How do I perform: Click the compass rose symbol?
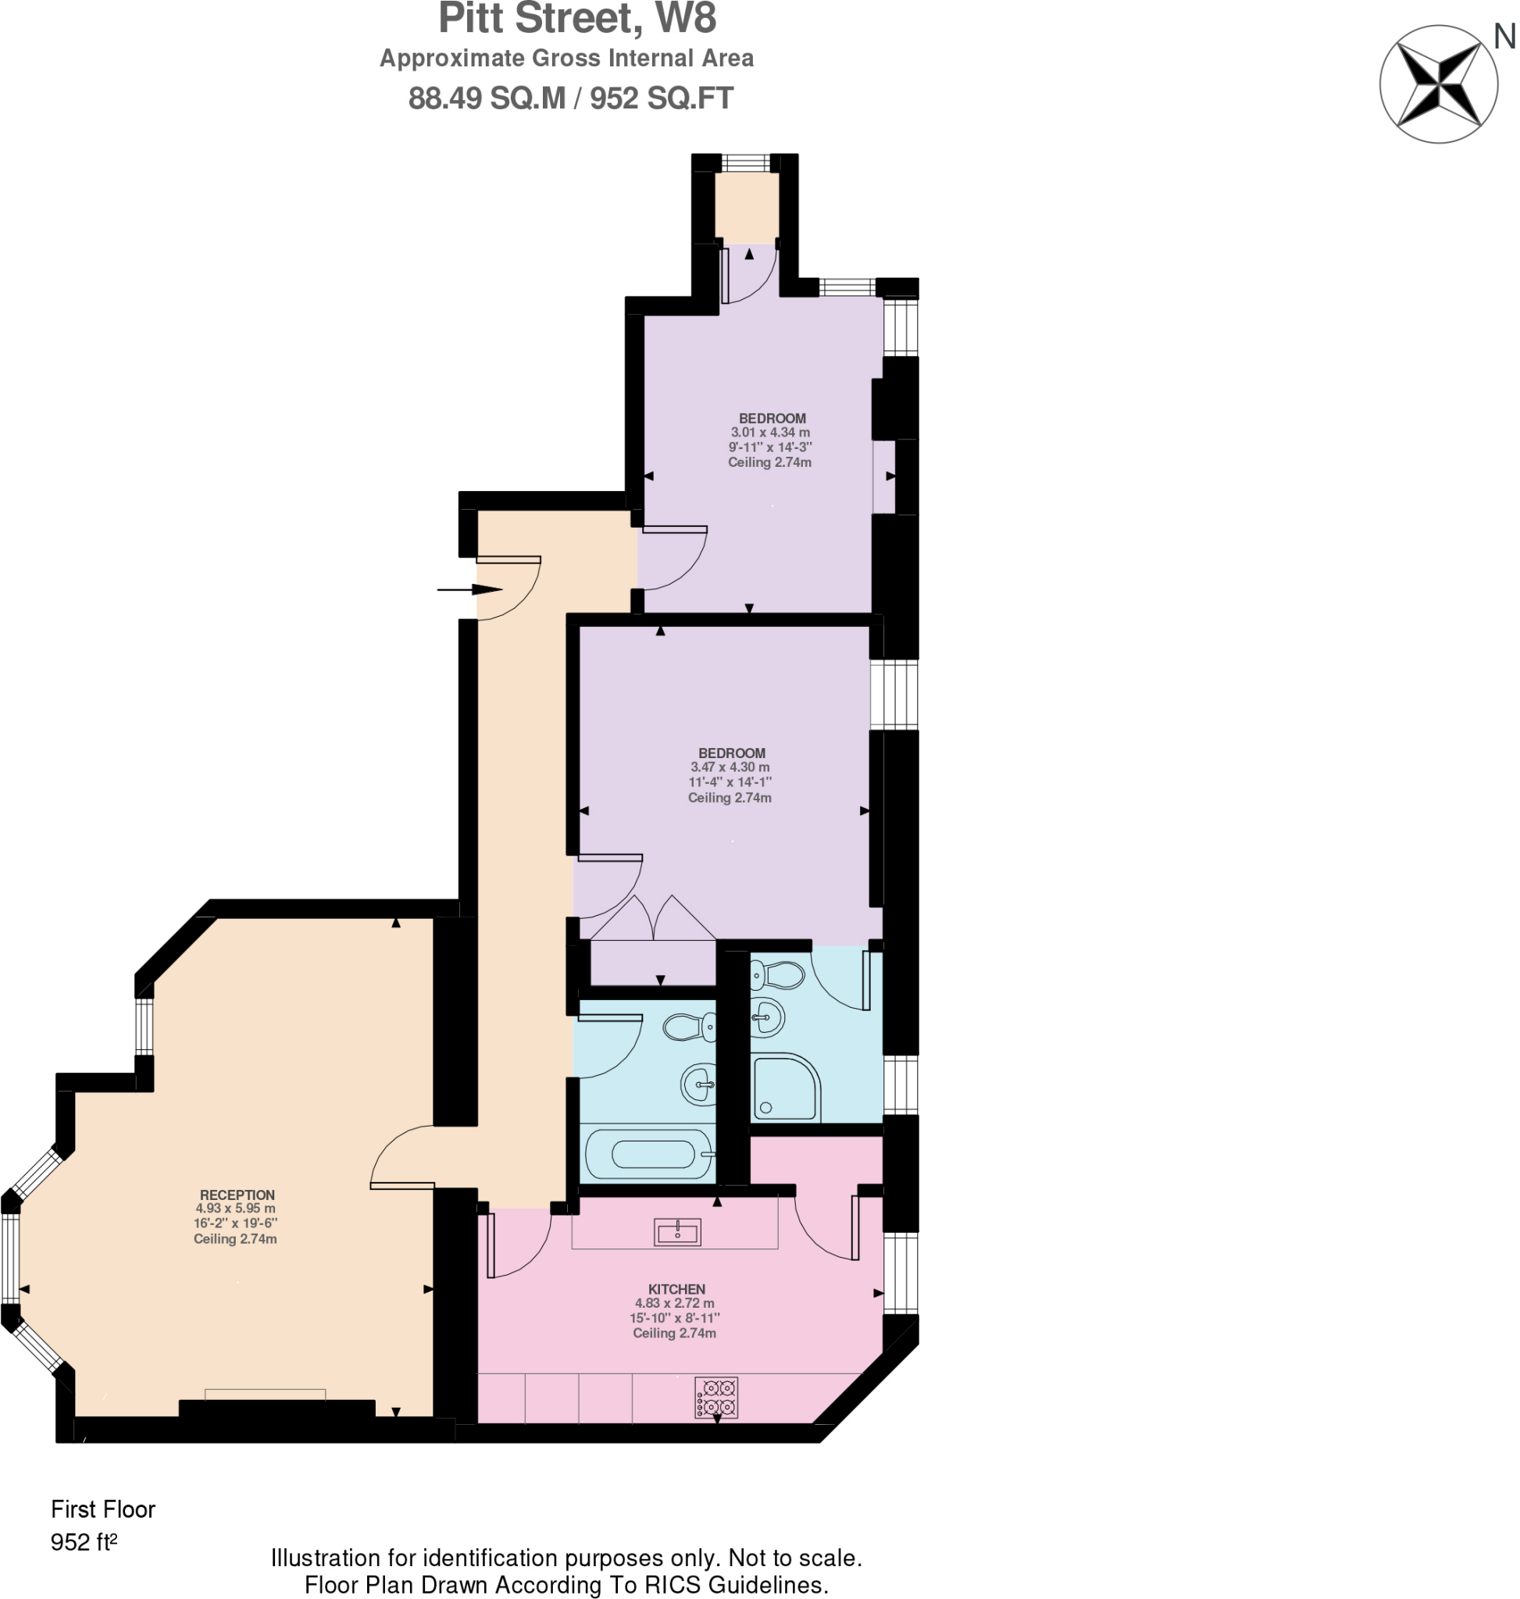click(1439, 84)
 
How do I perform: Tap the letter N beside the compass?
click(1504, 37)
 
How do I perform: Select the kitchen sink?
click(677, 1232)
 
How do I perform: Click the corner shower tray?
click(783, 1088)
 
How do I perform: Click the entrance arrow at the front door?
click(470, 589)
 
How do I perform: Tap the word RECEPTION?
click(237, 1195)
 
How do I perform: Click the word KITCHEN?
click(676, 1289)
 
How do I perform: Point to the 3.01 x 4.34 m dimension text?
click(769, 433)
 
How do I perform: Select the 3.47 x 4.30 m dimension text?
click(730, 767)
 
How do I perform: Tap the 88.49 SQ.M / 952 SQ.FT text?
click(570, 98)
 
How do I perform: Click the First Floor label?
click(103, 1509)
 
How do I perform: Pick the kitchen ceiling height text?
click(674, 1334)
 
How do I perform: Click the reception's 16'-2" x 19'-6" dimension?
click(235, 1223)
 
